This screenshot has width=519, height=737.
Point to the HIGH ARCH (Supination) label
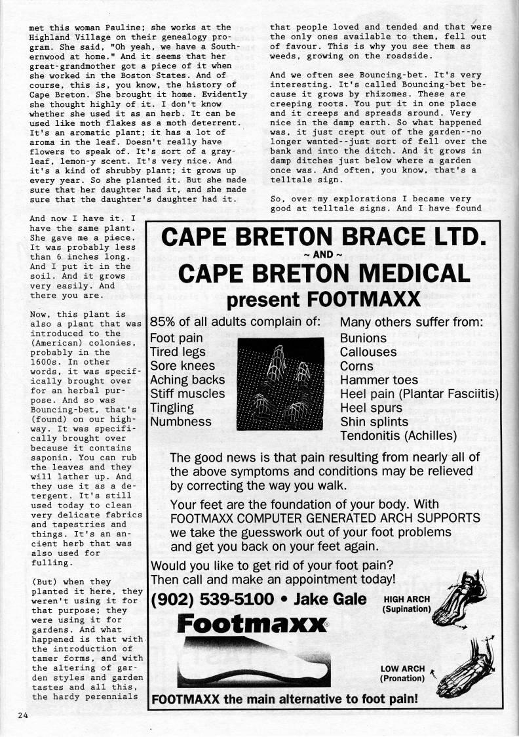pyautogui.click(x=406, y=604)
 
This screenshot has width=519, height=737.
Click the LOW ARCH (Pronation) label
pyautogui.click(x=402, y=673)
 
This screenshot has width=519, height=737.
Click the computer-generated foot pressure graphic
pyautogui.click(x=280, y=383)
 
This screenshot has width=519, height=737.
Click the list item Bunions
pyautogui.click(x=363, y=338)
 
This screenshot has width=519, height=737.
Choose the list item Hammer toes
pyautogui.click(x=379, y=380)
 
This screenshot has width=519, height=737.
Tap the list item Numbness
pyautogui.click(x=180, y=422)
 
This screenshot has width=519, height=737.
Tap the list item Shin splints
pyautogui.click(x=374, y=422)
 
